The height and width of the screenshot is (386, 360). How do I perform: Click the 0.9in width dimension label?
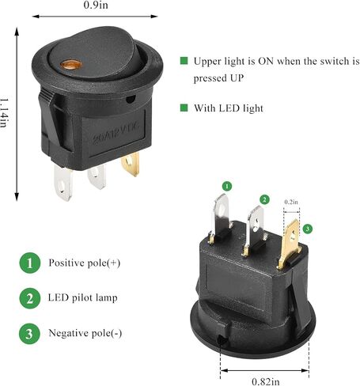96,5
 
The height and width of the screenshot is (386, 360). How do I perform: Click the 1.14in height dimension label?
4,113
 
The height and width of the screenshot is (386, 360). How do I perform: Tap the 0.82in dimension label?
266,381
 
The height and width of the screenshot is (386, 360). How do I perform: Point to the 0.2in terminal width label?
291,202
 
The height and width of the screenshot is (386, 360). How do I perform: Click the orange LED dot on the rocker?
71,64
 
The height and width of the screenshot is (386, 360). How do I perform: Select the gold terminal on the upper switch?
131,165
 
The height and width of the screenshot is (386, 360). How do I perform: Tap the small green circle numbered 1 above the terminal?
227,186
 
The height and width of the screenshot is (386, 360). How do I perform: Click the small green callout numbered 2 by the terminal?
264,199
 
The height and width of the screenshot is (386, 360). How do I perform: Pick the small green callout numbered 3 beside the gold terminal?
308,229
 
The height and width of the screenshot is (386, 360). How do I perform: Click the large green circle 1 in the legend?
30,263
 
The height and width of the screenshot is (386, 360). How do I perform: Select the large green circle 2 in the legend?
30,298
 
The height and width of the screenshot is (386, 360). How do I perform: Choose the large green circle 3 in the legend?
29,334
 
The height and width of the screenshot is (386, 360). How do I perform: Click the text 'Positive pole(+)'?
85,263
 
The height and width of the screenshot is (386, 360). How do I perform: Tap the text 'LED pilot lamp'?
82,297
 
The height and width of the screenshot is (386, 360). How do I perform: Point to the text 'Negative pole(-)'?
85,333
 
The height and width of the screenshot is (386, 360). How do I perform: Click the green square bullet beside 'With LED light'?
184,108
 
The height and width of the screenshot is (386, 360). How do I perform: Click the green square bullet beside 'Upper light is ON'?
184,61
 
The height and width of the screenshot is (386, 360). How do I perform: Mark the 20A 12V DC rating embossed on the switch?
116,134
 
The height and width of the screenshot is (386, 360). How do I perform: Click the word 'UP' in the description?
236,78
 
